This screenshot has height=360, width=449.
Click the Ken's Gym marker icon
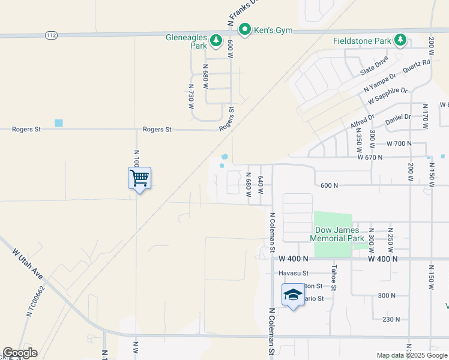pos(245,29)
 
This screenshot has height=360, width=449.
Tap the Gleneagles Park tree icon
pos(215,41)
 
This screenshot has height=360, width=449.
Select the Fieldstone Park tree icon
pos(400,41)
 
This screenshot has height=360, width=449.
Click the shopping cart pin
pos(139,178)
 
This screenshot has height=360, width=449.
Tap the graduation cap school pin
pos(293,295)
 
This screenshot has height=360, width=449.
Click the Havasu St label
pos(293,273)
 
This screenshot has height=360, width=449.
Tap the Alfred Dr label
pos(363,121)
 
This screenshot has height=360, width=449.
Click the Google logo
pos(20,353)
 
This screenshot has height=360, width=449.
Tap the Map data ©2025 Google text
pos(412,355)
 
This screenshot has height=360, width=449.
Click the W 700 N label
pos(400,144)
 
